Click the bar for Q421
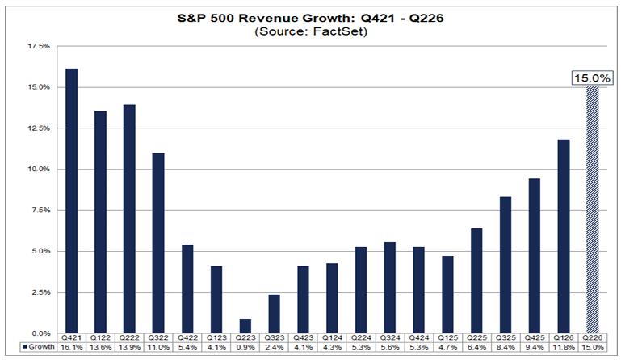72,201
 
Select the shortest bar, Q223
245,326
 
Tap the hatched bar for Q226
593,210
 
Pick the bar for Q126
564,237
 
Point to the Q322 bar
158,243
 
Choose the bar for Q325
506,265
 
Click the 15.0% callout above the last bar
592,77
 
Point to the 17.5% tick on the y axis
39,46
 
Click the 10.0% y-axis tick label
39,170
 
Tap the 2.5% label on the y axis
40,292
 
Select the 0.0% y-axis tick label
40,333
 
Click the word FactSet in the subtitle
340,31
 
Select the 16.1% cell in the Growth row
72,347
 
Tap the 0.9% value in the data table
245,347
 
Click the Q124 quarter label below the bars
332,338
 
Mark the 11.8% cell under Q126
564,347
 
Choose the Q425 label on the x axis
535,338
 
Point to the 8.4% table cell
506,347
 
